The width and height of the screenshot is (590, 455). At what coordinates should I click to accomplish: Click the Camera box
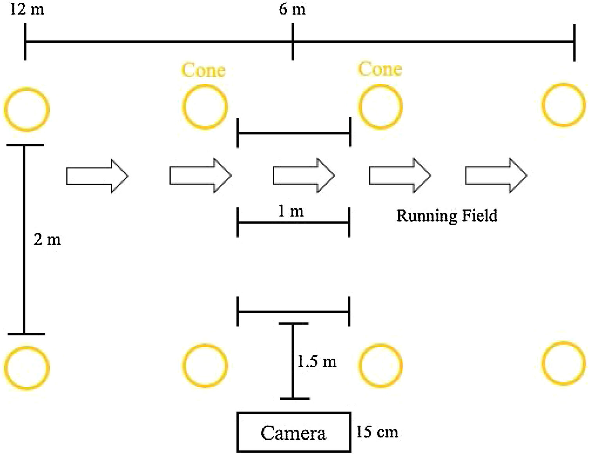pyautogui.click(x=293, y=432)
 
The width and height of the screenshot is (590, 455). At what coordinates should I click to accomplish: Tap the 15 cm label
pyautogui.click(x=377, y=432)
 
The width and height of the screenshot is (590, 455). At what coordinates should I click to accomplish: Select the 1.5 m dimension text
pyautogui.click(x=317, y=361)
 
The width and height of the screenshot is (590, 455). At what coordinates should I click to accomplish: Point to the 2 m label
pyautogui.click(x=47, y=239)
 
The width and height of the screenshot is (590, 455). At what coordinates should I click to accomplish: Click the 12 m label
pyautogui.click(x=27, y=9)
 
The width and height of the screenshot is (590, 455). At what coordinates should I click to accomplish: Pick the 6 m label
pyautogui.click(x=292, y=9)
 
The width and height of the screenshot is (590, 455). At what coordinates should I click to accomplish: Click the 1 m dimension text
pyautogui.click(x=291, y=211)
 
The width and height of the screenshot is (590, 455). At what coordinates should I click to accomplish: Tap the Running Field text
pyautogui.click(x=446, y=216)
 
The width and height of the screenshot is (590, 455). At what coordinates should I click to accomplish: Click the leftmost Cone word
pyautogui.click(x=203, y=70)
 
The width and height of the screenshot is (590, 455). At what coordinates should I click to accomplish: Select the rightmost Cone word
pyautogui.click(x=380, y=69)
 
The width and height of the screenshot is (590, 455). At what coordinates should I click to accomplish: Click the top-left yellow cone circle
pyautogui.click(x=27, y=109)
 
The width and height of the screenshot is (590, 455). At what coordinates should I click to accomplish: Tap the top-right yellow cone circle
pyautogui.click(x=564, y=105)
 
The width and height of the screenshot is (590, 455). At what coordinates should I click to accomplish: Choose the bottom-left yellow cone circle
pyautogui.click(x=27, y=368)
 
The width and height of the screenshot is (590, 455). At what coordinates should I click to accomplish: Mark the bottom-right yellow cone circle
pyautogui.click(x=564, y=363)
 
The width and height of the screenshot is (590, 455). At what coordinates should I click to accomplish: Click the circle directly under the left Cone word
pyautogui.click(x=205, y=107)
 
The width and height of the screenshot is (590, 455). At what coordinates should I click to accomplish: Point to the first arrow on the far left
pyautogui.click(x=97, y=176)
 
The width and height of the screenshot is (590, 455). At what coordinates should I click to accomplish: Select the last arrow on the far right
pyautogui.click(x=496, y=175)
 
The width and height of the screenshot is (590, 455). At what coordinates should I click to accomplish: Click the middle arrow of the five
pyautogui.click(x=304, y=175)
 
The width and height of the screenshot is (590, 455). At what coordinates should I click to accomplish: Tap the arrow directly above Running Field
pyautogui.click(x=400, y=175)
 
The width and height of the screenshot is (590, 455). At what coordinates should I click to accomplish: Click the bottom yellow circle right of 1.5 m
pyautogui.click(x=380, y=365)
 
